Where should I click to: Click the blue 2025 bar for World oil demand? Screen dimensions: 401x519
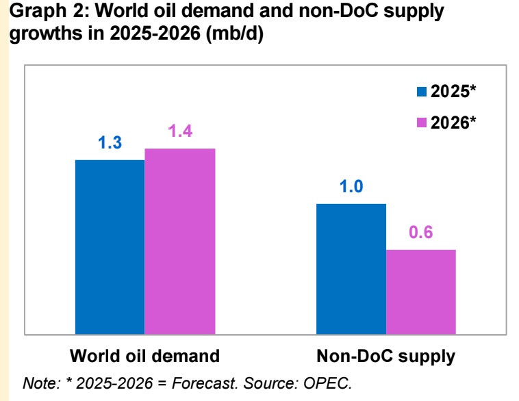[110, 246]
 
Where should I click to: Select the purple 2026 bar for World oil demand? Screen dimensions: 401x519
[180, 241]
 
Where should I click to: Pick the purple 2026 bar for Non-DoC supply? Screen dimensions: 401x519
[421, 292]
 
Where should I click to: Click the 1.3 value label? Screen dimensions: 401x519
[110, 144]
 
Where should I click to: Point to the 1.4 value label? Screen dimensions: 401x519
[180, 132]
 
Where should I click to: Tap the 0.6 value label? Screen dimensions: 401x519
[421, 233]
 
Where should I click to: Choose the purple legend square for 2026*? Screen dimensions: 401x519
[422, 122]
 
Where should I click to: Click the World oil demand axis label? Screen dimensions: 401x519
[144, 357]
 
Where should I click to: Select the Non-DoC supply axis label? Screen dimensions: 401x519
[385, 357]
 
